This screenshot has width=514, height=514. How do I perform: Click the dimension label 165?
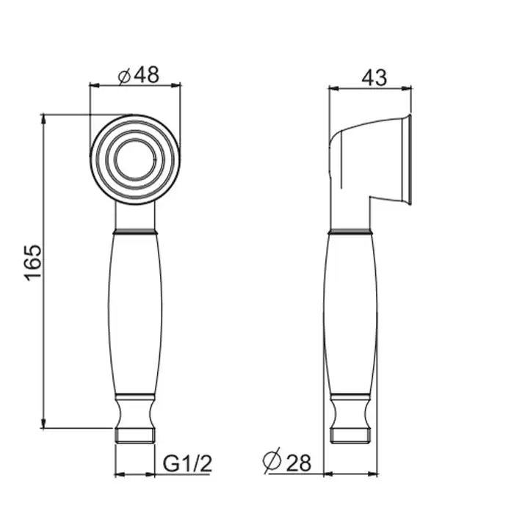pos(33,263)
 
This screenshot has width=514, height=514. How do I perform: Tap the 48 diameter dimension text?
pos(147,75)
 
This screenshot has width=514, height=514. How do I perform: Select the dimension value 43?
pos(374,78)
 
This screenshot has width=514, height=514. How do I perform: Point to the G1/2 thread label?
pos(187,463)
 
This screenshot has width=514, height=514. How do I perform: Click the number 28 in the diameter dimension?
pos(299,463)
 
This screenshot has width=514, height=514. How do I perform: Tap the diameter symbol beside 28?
pos(272,460)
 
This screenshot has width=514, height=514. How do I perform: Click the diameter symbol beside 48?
pos(124,76)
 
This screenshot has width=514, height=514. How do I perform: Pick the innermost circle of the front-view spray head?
pos(135,159)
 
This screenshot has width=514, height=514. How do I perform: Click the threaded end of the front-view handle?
pos(135,435)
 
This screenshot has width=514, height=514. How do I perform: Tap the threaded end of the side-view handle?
pos(351,435)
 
